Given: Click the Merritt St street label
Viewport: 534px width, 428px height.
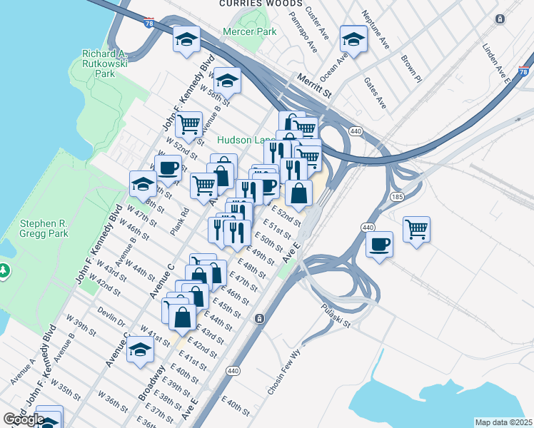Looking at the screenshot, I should [x=315, y=86].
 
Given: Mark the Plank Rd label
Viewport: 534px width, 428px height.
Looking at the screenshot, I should [x=178, y=222].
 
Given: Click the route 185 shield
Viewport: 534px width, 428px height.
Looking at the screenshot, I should [x=398, y=195].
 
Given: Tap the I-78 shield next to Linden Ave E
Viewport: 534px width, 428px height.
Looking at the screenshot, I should [x=523, y=72].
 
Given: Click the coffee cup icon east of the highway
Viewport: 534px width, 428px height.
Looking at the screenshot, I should [x=379, y=245].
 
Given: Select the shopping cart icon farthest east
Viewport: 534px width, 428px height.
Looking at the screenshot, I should [x=416, y=230].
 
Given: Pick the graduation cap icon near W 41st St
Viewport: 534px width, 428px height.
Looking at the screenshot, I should [x=141, y=350].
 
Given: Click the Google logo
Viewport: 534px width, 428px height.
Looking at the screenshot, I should [x=24, y=419].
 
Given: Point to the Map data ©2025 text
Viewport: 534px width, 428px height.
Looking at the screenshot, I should [x=503, y=422].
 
